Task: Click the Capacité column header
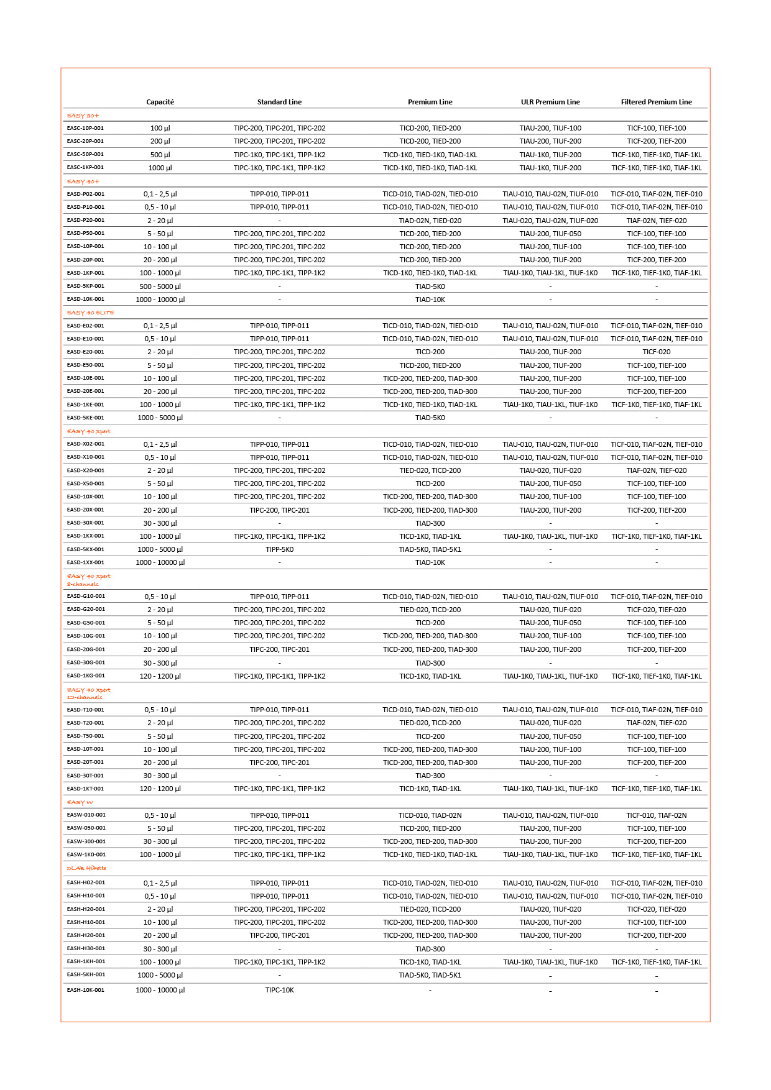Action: [x=160, y=102]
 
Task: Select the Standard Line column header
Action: [x=279, y=102]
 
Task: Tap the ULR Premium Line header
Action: [x=550, y=102]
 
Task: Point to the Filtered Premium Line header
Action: [x=656, y=102]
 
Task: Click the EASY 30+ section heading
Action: [x=83, y=116]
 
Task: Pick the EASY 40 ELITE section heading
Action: [x=90, y=313]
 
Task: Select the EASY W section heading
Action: [x=80, y=802]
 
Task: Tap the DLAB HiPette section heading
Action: [x=86, y=868]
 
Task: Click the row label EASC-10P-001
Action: [x=85, y=128]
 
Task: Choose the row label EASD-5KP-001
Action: [x=85, y=286]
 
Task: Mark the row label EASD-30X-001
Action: [x=85, y=523]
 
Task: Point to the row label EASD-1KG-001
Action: [x=86, y=676]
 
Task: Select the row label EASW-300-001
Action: [x=86, y=841]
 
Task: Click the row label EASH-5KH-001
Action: [x=86, y=974]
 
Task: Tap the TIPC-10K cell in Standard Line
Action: [x=279, y=990]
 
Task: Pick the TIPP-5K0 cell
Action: [x=279, y=549]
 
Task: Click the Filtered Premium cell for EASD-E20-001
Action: [x=656, y=352]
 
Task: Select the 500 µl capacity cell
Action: [x=160, y=155]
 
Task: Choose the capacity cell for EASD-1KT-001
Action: [x=160, y=789]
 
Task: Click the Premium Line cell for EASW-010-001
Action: [x=430, y=815]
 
